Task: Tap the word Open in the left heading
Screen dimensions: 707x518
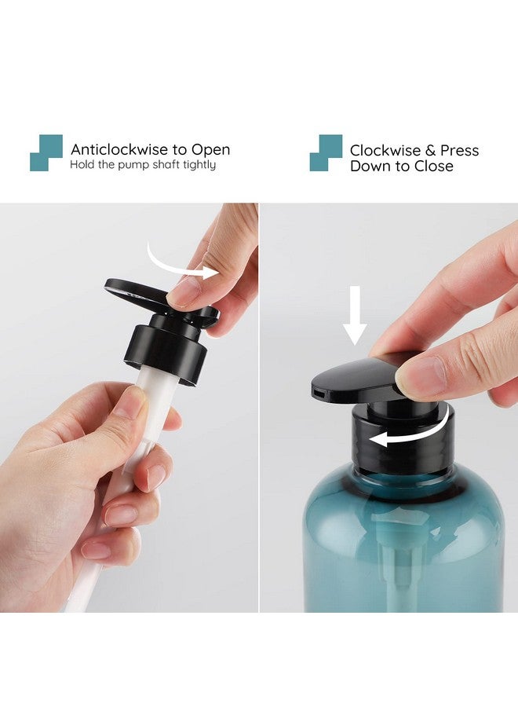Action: click(x=211, y=149)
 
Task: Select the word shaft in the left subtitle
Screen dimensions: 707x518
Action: click(x=164, y=165)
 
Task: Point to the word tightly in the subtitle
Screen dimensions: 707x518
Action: click(x=198, y=165)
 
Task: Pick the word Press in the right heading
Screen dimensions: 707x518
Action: click(x=459, y=150)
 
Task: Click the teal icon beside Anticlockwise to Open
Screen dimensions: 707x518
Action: click(x=46, y=152)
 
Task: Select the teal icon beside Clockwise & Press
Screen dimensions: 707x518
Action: click(x=326, y=152)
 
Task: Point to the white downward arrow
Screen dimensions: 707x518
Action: click(x=355, y=314)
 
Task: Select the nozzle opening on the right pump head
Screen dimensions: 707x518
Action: click(x=317, y=390)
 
